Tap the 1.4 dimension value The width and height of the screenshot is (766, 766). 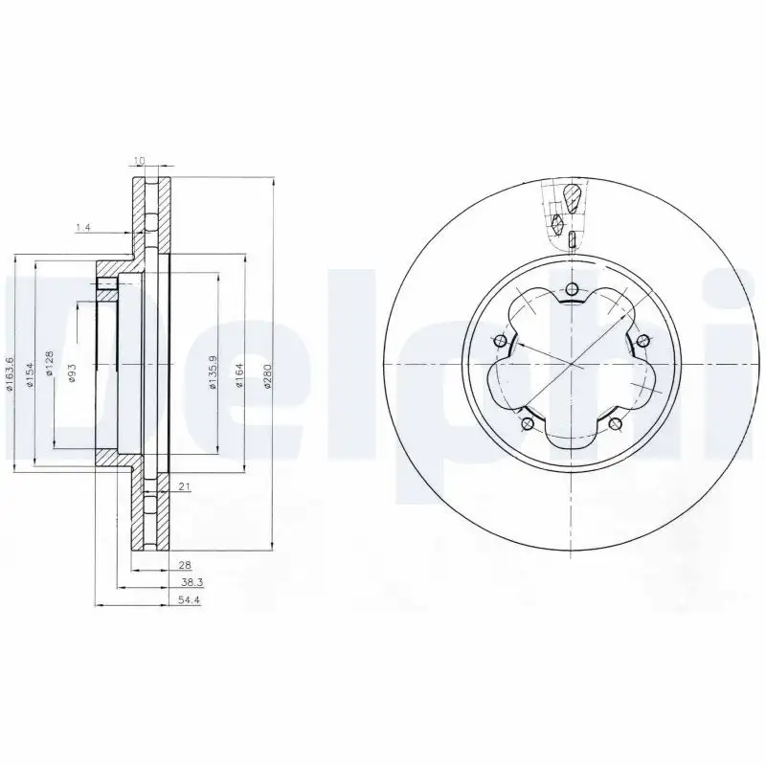pos(83,227)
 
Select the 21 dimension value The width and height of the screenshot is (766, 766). pos(185,486)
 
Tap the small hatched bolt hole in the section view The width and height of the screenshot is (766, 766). pos(106,283)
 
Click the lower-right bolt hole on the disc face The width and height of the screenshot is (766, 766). pos(616,425)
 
